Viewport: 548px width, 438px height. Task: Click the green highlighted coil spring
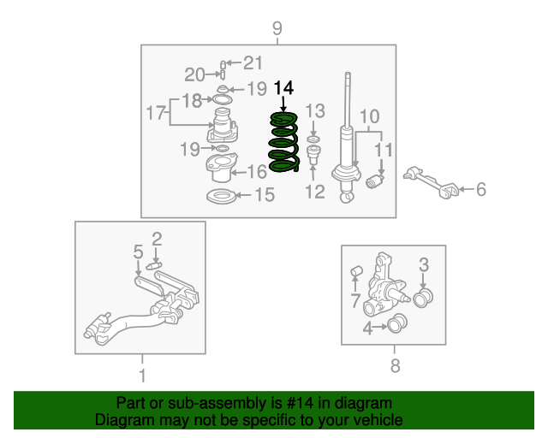tap(283, 142)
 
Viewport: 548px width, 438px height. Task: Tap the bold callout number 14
tap(283, 88)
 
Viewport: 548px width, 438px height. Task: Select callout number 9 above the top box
tap(277, 28)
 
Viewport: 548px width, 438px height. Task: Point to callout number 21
tap(253, 62)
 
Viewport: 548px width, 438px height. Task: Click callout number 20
tap(194, 74)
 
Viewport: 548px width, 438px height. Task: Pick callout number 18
tap(192, 101)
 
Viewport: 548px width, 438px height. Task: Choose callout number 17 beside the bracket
tap(155, 113)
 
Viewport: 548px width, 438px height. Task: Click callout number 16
tap(257, 172)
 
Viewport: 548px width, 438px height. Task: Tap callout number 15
tap(265, 194)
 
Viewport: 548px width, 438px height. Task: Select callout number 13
tap(315, 111)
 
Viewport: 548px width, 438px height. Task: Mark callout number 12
tap(315, 192)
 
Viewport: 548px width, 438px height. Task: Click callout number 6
tap(481, 189)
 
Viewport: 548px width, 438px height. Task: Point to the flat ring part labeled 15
tap(221, 197)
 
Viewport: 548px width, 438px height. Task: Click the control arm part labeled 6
tap(431, 182)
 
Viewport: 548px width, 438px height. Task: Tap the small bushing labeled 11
tap(374, 181)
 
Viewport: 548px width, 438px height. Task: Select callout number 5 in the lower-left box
tap(138, 252)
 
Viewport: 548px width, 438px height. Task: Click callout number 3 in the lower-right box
tap(424, 264)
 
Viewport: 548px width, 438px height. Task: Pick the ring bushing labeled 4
tap(397, 323)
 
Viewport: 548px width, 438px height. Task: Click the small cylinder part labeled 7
tap(356, 270)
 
